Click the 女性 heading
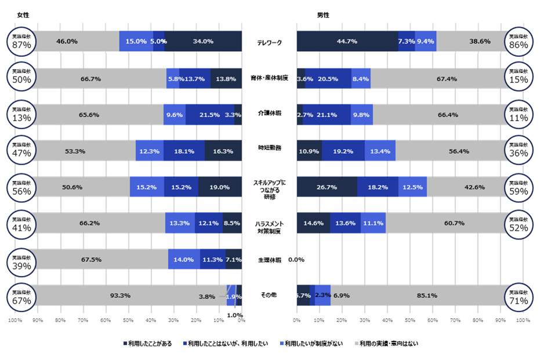click(24, 15)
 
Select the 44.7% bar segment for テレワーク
click(347, 42)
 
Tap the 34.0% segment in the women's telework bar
click(203, 42)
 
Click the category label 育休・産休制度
click(269, 78)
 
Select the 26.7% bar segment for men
click(327, 187)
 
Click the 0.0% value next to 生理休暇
click(296, 260)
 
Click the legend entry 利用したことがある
click(149, 344)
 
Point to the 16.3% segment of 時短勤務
click(223, 151)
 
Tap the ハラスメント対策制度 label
click(269, 227)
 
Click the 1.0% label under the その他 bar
click(234, 315)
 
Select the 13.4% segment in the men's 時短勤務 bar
click(380, 151)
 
